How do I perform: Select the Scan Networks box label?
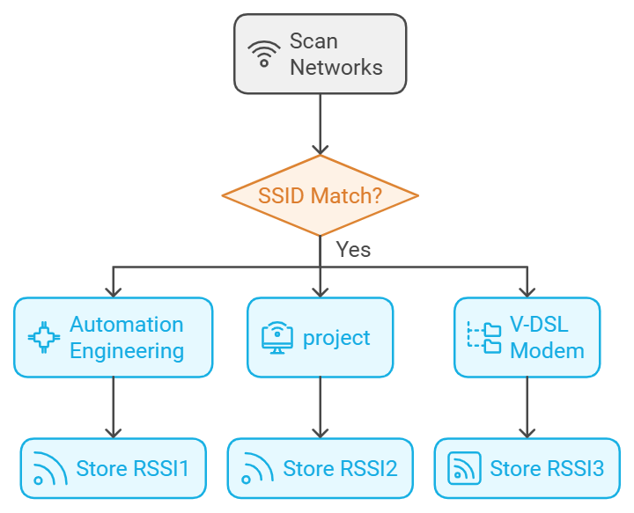[x=336, y=54]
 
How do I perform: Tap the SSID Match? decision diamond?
[x=320, y=195]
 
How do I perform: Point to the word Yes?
[x=353, y=250]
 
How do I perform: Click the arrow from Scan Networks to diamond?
[x=320, y=123]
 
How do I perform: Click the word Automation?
[x=127, y=325]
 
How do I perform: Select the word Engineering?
[x=127, y=351]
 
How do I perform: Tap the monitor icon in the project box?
[x=276, y=338]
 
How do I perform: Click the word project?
[x=336, y=338]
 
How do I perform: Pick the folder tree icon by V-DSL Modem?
[x=483, y=338]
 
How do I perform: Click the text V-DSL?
[x=539, y=325]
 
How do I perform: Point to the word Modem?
[x=547, y=351]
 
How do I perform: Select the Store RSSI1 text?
[x=133, y=468]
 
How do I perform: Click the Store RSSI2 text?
[x=340, y=468]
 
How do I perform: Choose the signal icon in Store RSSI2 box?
[x=255, y=468]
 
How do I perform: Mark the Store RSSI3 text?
[x=547, y=468]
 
